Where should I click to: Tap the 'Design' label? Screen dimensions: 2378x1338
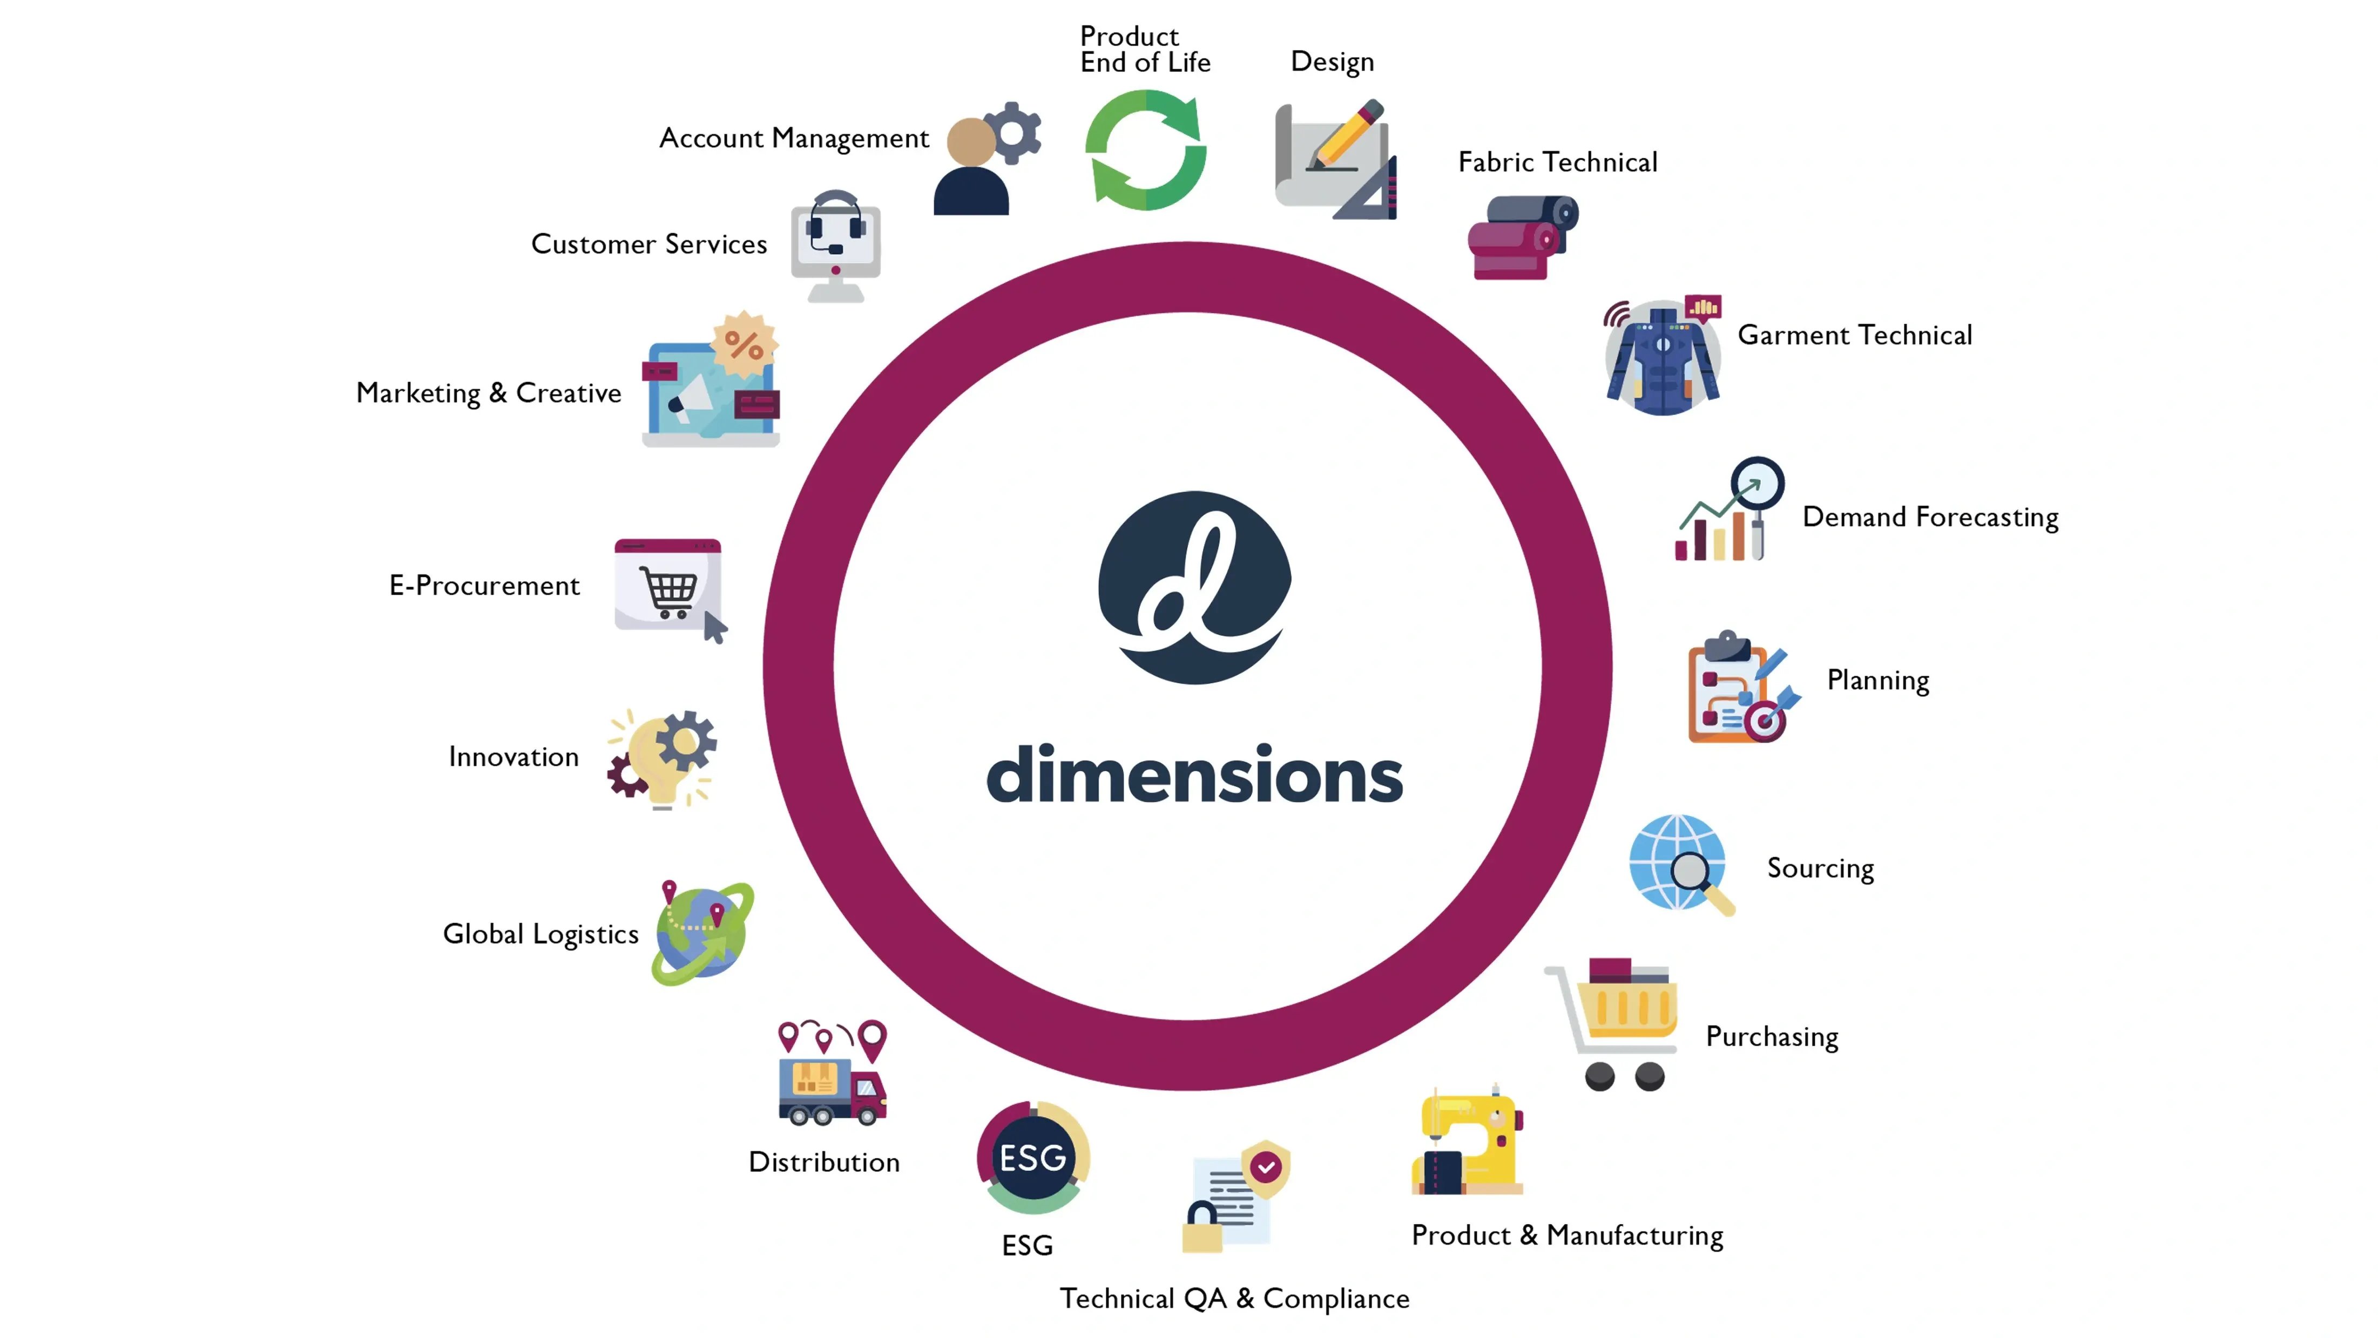coord(1332,62)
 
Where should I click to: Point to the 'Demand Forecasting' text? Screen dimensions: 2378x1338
coord(1930,517)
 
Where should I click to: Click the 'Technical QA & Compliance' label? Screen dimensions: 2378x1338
coord(1234,1298)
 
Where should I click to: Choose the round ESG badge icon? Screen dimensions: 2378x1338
coord(1033,1157)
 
